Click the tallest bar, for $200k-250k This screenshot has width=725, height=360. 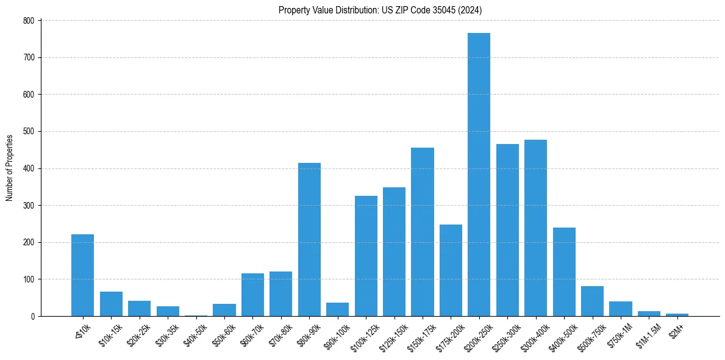pyautogui.click(x=479, y=175)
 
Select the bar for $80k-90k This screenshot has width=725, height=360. pyautogui.click(x=309, y=239)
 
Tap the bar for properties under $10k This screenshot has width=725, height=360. pyautogui.click(x=82, y=275)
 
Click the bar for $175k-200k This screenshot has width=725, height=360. pyautogui.click(x=451, y=270)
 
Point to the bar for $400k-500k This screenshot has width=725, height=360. pyautogui.click(x=564, y=272)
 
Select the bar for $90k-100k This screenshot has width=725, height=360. pyautogui.click(x=337, y=309)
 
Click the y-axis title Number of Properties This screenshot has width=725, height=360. pyautogui.click(x=9, y=168)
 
